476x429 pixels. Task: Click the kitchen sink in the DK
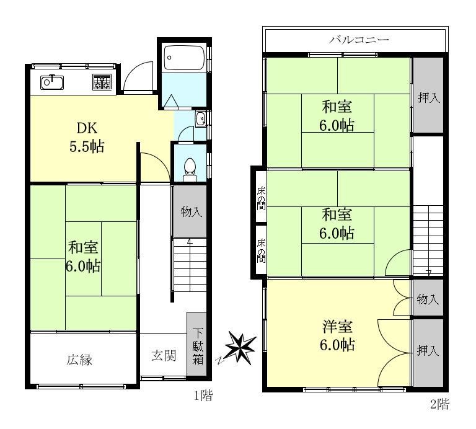[x=52, y=82]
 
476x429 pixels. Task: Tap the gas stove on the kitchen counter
[x=102, y=82]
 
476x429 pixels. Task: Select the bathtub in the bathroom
[x=183, y=58]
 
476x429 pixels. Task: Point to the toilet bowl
[x=190, y=169]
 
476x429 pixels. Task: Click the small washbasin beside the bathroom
[x=201, y=118]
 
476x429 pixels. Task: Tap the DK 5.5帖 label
[x=87, y=137]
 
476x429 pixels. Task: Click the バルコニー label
[x=359, y=40]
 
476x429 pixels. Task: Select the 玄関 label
[x=164, y=355]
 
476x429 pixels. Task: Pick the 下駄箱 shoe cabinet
[x=196, y=344]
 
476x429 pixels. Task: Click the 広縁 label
[x=79, y=360]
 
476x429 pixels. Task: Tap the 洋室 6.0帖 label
[x=337, y=335]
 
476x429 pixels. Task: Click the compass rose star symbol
[x=240, y=348]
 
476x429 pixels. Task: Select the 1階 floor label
[x=203, y=396]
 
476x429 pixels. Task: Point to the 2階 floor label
[x=439, y=404]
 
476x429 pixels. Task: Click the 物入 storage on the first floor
[x=190, y=211]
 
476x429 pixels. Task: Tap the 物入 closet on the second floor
[x=428, y=298]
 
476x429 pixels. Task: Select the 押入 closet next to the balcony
[x=428, y=95]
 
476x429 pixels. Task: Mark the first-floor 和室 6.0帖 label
[x=83, y=257]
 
